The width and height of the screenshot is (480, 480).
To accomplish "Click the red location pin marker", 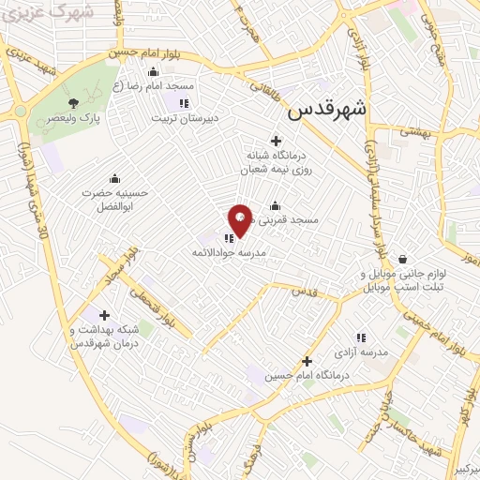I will pos(239,222).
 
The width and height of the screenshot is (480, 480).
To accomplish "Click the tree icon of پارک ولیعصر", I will pos(74,103).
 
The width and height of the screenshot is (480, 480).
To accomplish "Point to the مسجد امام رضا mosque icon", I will pos(153,72).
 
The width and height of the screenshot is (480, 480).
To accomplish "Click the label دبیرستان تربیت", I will pos(185,119).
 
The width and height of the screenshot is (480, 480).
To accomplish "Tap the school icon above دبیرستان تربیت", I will pos(184,103).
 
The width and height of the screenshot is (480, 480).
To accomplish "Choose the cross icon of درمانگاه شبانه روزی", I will pos(276,140).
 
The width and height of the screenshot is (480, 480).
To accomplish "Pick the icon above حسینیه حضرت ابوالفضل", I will pos(114,178).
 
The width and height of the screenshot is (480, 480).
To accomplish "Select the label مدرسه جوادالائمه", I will pos(230,253).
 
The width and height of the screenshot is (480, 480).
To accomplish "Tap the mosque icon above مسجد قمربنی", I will pos(275,206).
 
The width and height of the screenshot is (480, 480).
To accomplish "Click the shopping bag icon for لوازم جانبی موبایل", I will pos(402,259).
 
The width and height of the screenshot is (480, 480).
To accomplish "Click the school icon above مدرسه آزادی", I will pos(360,337).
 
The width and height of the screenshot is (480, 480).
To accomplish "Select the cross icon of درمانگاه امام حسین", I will pos(307,361).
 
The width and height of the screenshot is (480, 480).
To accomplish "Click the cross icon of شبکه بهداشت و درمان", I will pos(104,315).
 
